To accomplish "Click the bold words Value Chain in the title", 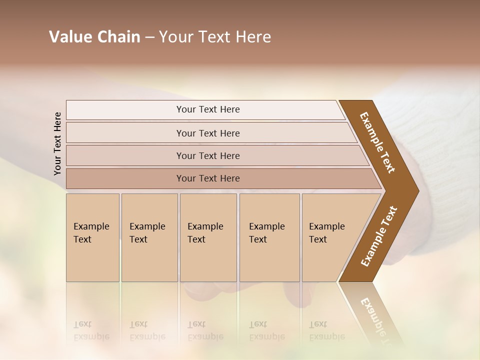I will pyautogui.click(x=94, y=37).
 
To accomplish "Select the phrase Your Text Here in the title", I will pyautogui.click(x=215, y=37).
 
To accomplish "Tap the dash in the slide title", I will pyautogui.click(x=149, y=37).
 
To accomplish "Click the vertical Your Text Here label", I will pyautogui.click(x=57, y=143).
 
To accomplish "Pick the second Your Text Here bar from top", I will pyautogui.click(x=208, y=133).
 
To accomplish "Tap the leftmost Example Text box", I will pyautogui.click(x=92, y=237).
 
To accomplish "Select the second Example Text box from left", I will pyautogui.click(x=149, y=237).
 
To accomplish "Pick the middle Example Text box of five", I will pyautogui.click(x=208, y=237).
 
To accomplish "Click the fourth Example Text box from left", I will pyautogui.click(x=269, y=237).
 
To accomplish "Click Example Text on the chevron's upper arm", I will pyautogui.click(x=377, y=142).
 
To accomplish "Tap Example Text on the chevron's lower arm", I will pyautogui.click(x=378, y=236).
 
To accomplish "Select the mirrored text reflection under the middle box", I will pyautogui.click(x=205, y=330).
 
